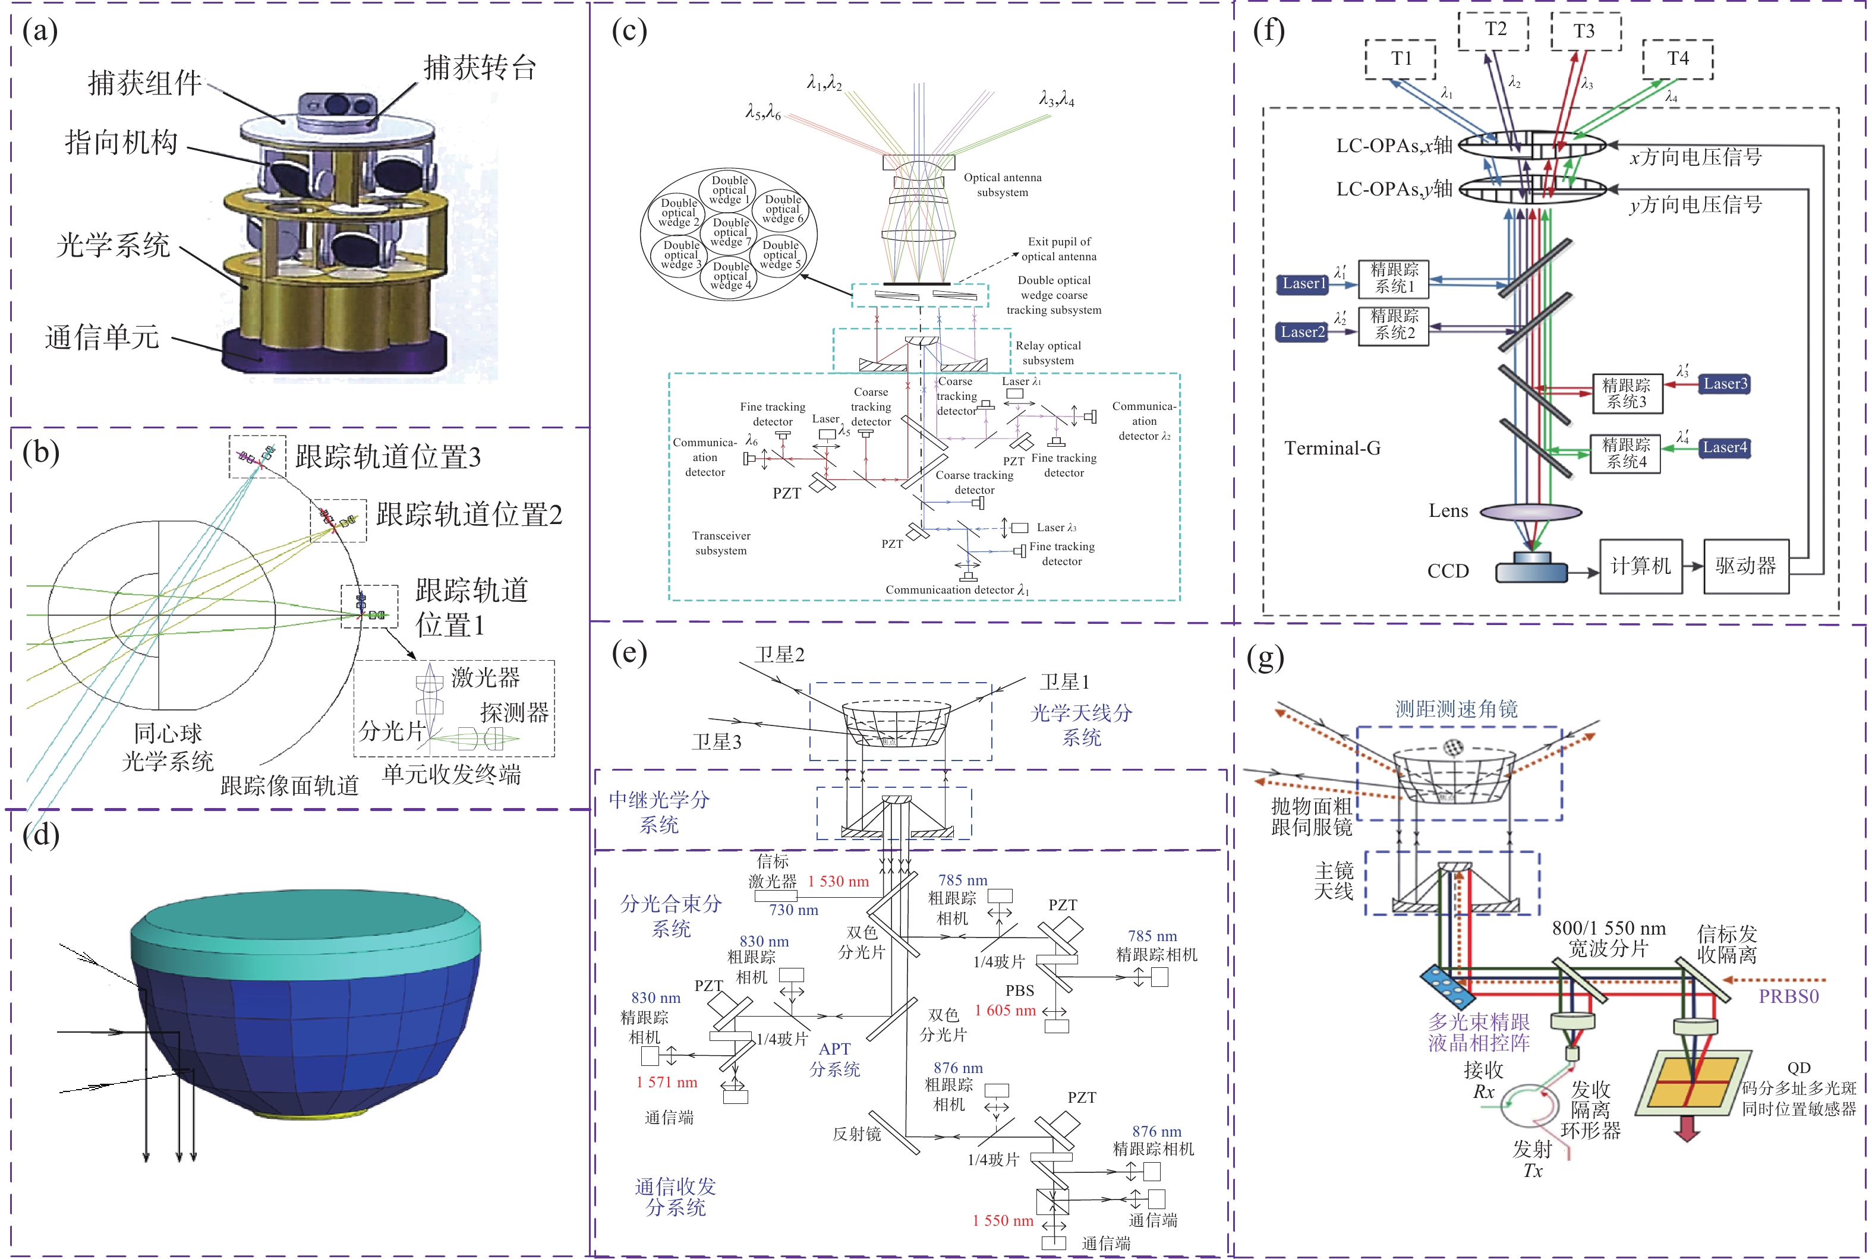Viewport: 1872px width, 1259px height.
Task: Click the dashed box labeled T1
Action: (1400, 59)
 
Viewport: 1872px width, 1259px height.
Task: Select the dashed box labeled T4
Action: (1678, 59)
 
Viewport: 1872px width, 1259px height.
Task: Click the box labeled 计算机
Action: (1640, 566)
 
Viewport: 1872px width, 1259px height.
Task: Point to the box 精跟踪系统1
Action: (1394, 278)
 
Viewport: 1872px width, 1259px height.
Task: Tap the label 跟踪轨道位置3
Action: (388, 457)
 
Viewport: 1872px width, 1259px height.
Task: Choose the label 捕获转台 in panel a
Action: (480, 68)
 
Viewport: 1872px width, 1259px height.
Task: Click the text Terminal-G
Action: (1332, 448)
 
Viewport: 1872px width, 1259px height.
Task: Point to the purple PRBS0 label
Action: (1788, 996)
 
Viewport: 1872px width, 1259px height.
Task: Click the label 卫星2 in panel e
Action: (779, 654)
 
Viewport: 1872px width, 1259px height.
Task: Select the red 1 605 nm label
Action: (1005, 1010)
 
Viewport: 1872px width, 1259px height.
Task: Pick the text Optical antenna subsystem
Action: (1002, 185)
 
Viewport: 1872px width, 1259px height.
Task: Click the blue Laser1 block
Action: (1303, 283)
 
